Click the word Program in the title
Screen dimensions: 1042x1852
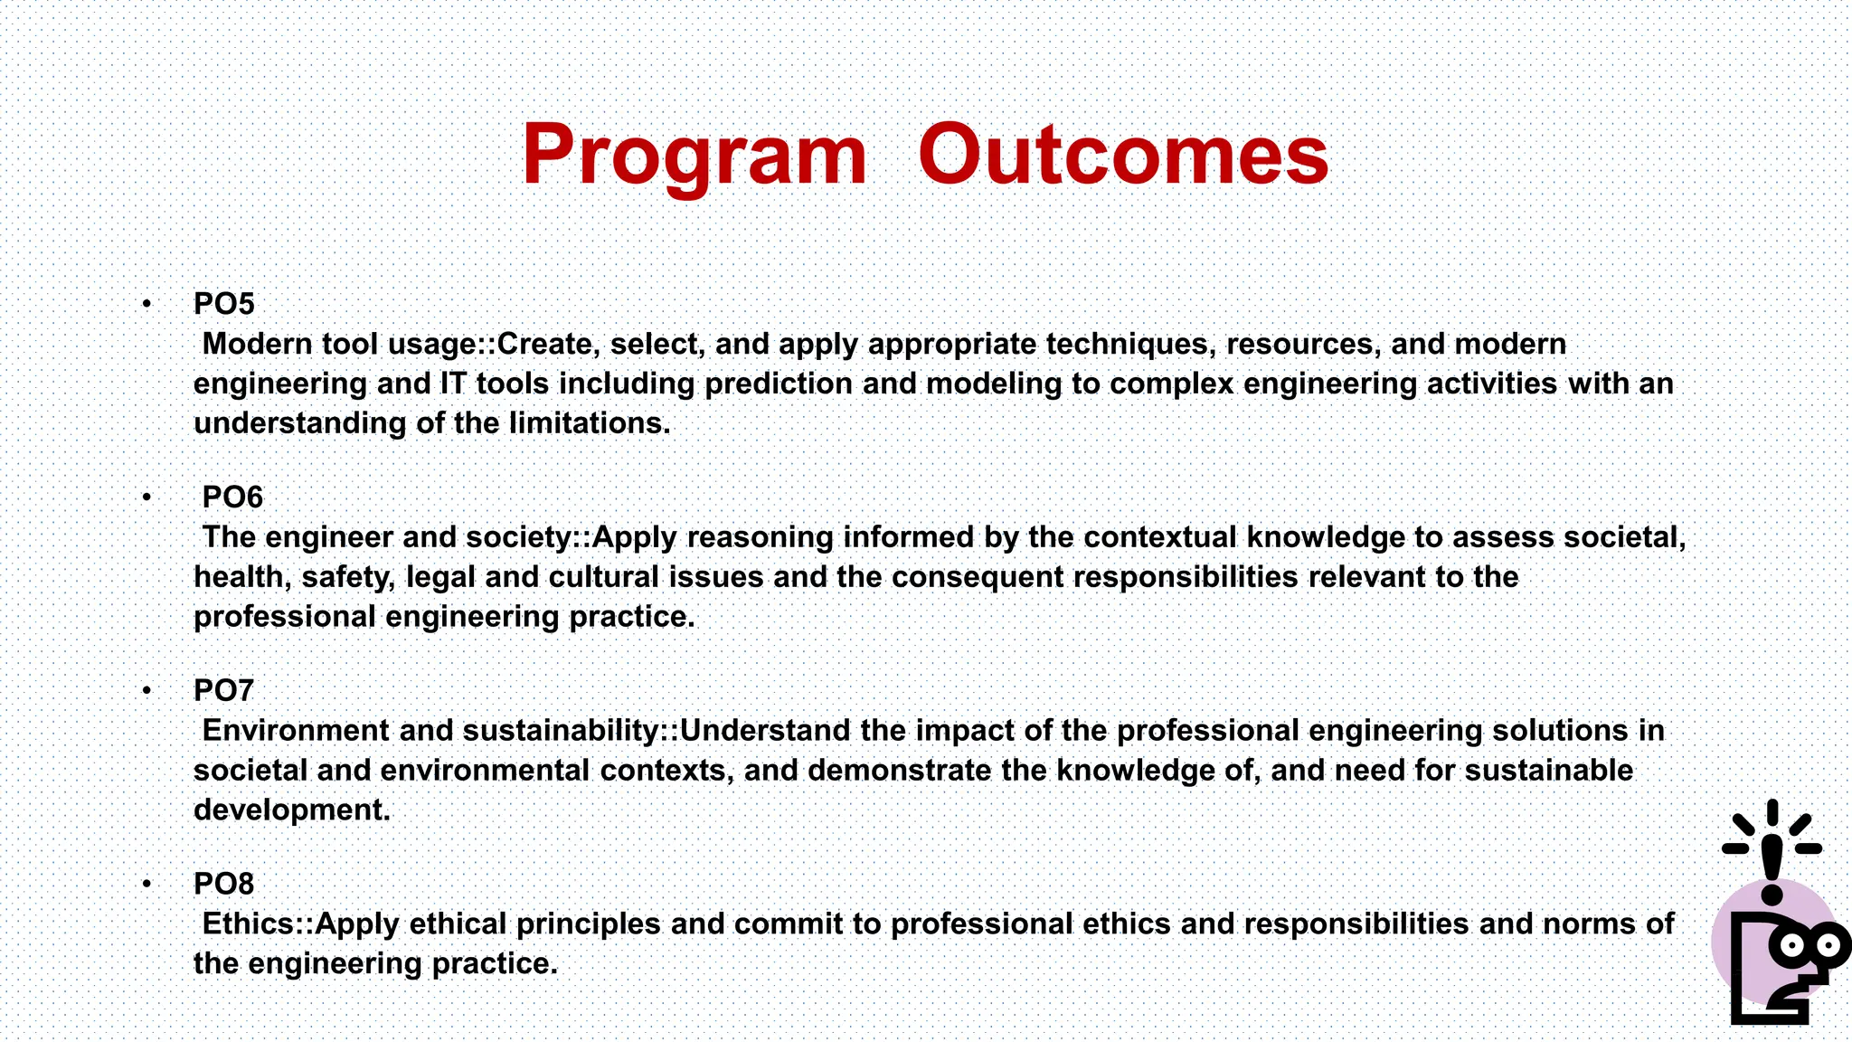pos(694,156)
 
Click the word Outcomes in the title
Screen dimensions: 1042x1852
pos(1123,156)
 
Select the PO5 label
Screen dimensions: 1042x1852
pos(224,304)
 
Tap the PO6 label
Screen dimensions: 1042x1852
pos(232,497)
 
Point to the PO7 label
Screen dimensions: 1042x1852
pos(223,691)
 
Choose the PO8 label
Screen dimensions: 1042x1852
pos(224,884)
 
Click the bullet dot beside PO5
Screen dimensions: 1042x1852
pos(146,304)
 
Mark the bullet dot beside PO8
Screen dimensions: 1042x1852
pos(146,884)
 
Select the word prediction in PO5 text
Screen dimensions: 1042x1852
pos(778,384)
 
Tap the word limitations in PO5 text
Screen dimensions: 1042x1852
pos(589,423)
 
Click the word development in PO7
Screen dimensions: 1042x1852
pos(291,810)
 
